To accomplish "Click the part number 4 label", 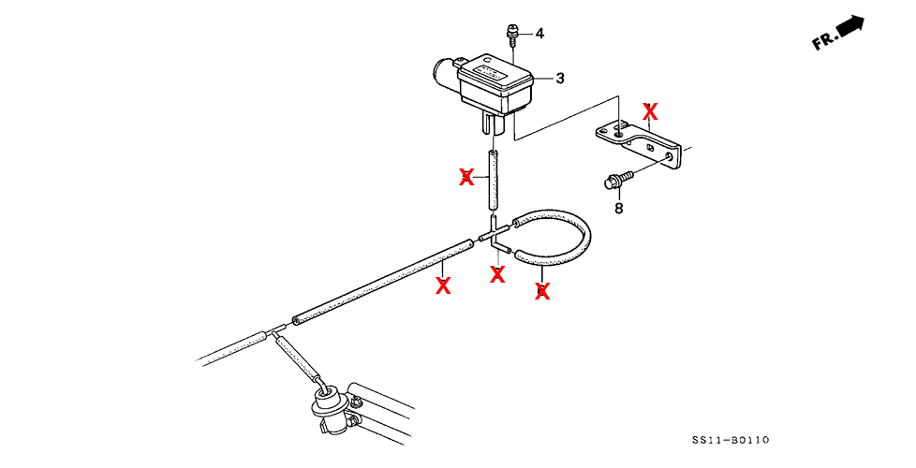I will coord(539,34).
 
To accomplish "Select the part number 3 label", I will coord(560,79).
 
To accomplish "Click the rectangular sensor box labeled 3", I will coord(496,82).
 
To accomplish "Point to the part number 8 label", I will coord(618,208).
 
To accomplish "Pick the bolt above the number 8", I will coord(619,176).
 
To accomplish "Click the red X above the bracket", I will coord(650,112).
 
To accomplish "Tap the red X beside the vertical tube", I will coord(466,177).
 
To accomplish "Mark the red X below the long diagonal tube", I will coord(443,285).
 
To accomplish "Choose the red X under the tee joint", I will coord(497,274).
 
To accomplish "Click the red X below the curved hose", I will coord(541,291).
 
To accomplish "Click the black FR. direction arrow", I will coord(850,27).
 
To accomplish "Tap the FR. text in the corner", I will coord(824,41).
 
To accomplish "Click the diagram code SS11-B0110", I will coord(731,440).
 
